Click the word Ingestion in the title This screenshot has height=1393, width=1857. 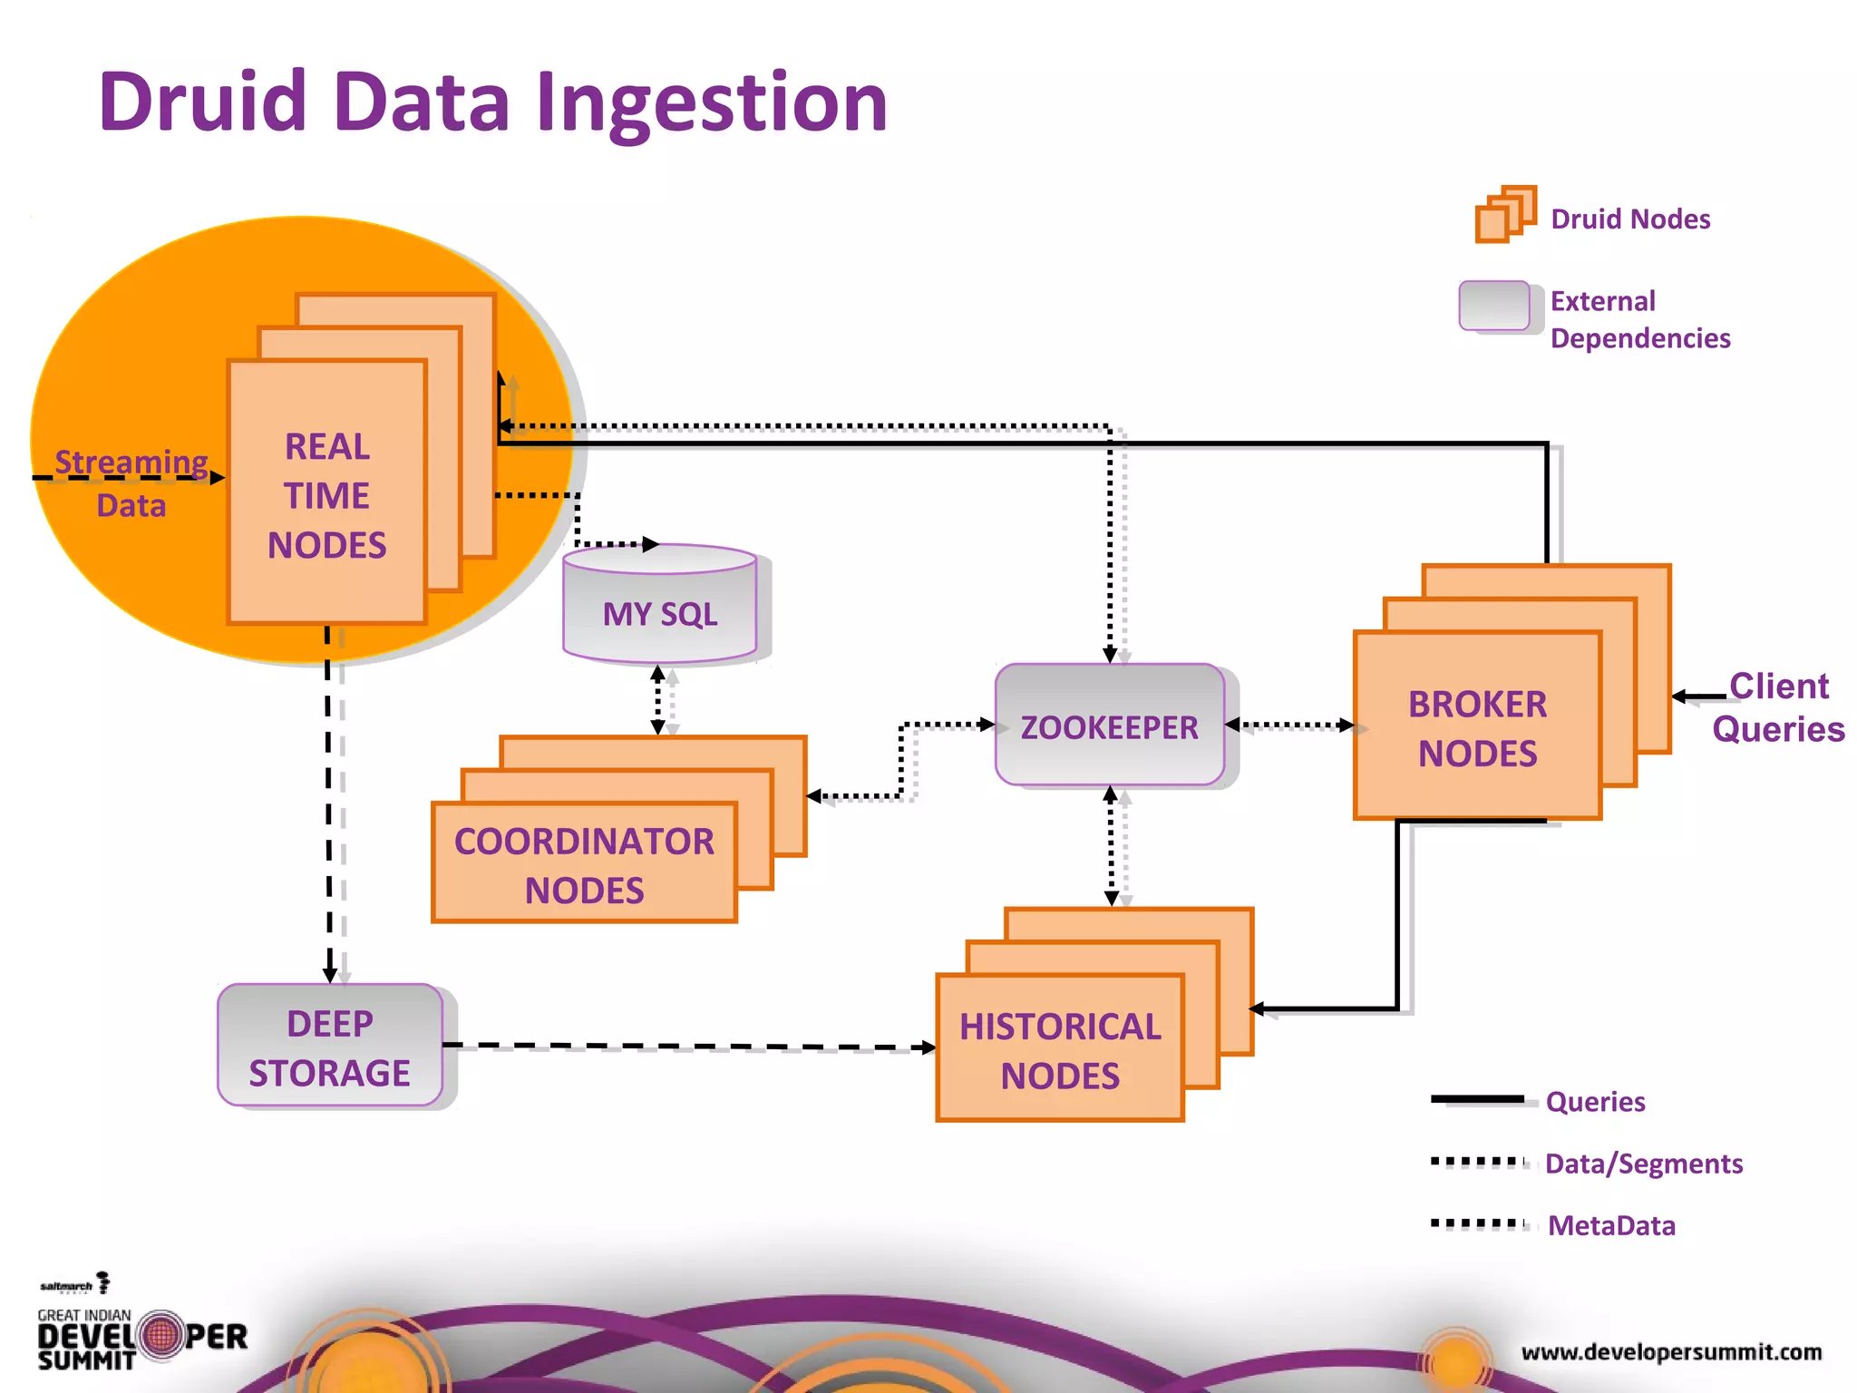click(711, 102)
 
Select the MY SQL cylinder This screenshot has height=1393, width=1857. click(659, 606)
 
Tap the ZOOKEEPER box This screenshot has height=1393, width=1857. click(1109, 726)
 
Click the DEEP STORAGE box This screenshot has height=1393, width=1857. click(329, 1047)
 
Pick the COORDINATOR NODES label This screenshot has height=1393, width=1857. click(584, 865)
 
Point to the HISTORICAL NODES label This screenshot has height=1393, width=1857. click(1059, 1050)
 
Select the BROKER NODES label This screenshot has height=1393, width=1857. click(1476, 728)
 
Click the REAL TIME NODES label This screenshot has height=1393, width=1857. click(326, 495)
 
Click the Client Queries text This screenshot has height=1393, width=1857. click(1777, 707)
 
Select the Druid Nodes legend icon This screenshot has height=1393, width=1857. click(1504, 215)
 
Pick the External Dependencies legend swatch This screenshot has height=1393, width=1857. click(1493, 306)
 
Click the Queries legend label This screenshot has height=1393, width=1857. click(1595, 1102)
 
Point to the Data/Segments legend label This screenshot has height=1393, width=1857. click(1643, 1164)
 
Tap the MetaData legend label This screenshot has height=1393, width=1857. click(1611, 1225)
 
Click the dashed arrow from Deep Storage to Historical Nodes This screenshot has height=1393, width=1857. click(689, 1047)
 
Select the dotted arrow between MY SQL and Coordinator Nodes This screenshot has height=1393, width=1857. click(658, 700)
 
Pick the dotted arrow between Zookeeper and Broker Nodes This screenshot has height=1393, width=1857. click(1289, 725)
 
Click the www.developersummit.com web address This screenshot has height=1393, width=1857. click(1671, 1352)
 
